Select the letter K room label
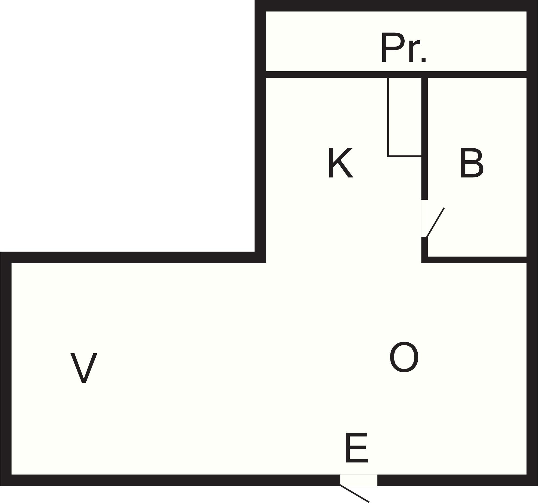[341, 163]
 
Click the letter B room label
[472, 163]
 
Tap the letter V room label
[84, 368]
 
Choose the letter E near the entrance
[356, 448]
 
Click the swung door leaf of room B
[435, 222]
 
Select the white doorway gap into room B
[424, 218]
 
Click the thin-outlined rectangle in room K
[405, 117]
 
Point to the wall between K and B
[424, 139]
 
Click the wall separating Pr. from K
[396, 75]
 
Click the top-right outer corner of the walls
[537, 1]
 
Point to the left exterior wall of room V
[6, 369]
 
